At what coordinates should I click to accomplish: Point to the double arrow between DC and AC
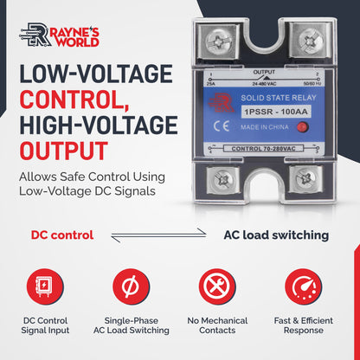[170, 235]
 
